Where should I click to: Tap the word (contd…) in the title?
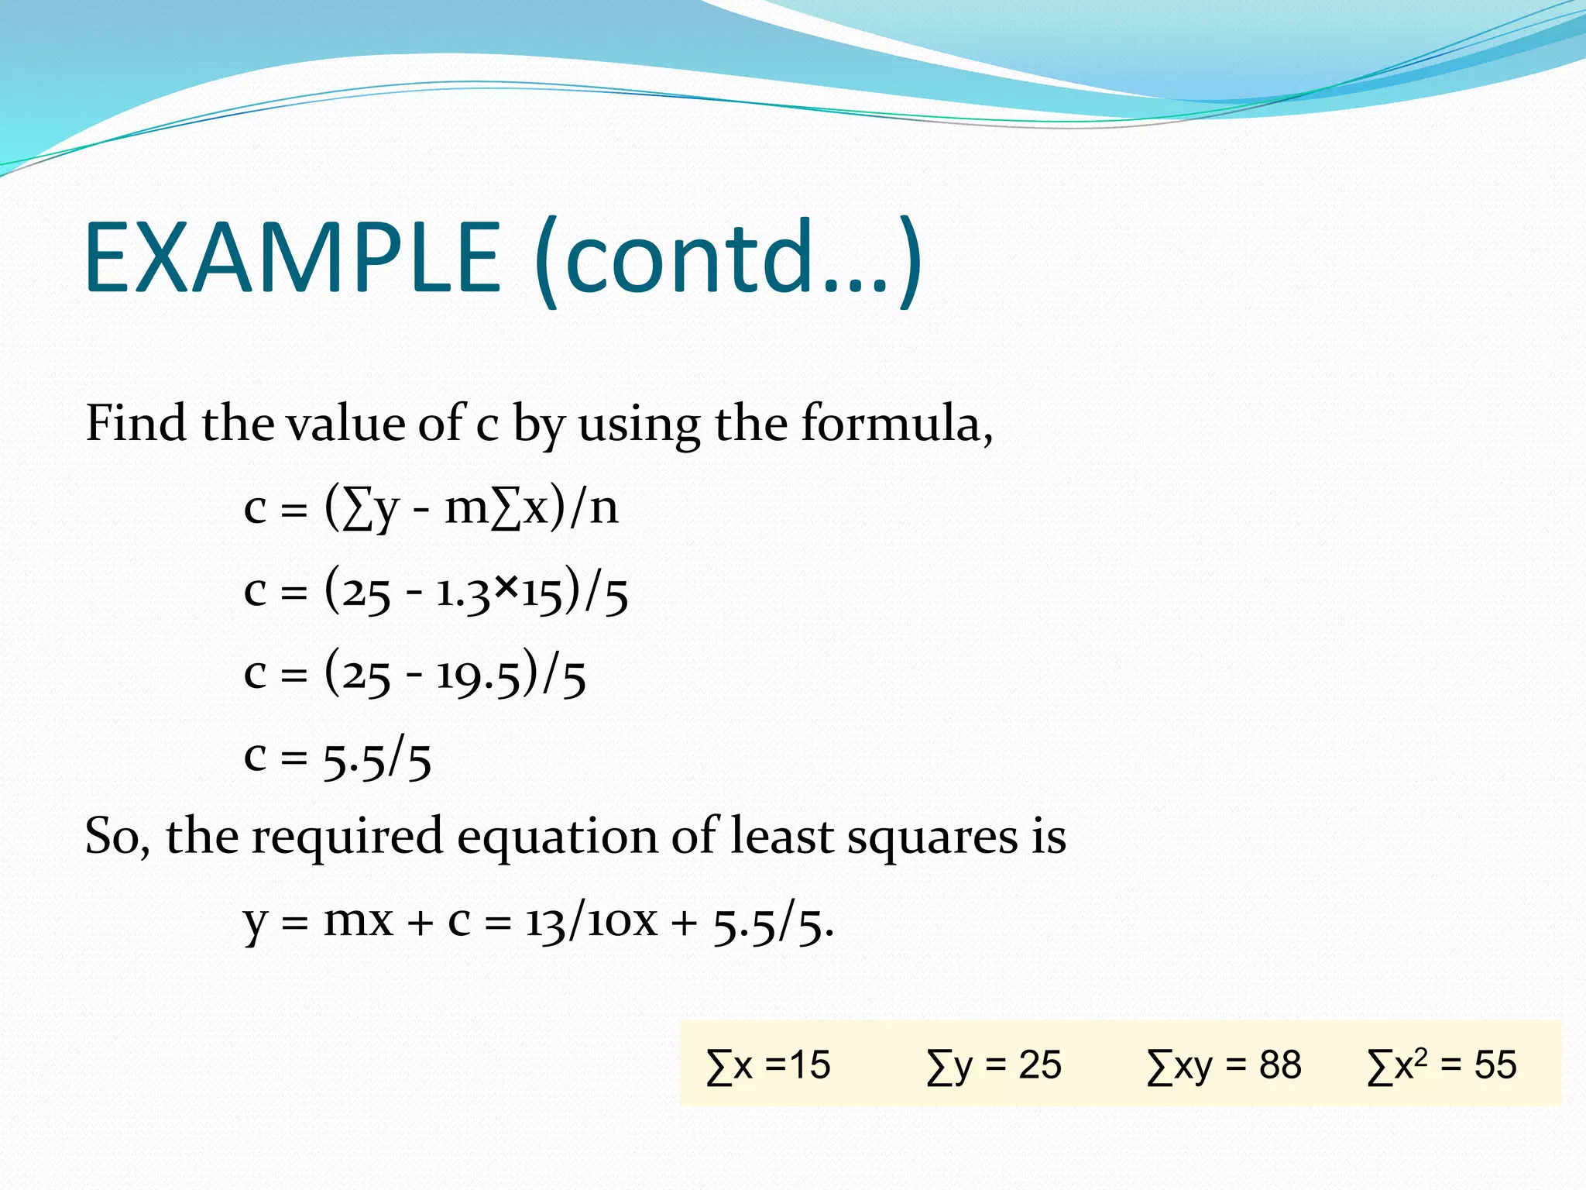click(x=728, y=260)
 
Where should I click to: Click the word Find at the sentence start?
click(x=136, y=424)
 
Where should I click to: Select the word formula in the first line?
click(x=891, y=424)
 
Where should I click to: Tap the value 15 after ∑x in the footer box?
click(x=809, y=1065)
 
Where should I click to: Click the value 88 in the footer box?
click(x=1280, y=1065)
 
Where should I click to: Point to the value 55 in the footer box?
click(x=1495, y=1065)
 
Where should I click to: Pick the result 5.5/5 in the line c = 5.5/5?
click(x=377, y=758)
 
